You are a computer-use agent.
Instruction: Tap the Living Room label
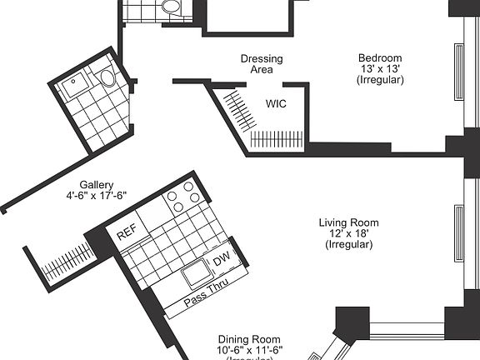(348, 222)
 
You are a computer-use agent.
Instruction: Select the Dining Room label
(250, 339)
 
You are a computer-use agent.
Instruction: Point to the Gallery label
(97, 185)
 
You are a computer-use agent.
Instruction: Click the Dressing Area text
(261, 64)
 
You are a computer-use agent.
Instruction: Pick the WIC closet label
(277, 104)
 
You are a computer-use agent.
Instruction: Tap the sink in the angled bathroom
(79, 82)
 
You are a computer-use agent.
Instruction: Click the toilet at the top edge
(172, 7)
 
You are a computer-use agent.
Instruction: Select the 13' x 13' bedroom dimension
(380, 69)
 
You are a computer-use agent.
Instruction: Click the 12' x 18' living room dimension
(348, 234)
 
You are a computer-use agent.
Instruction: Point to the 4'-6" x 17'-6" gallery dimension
(97, 197)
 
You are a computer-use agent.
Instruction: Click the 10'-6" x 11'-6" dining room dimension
(250, 350)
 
